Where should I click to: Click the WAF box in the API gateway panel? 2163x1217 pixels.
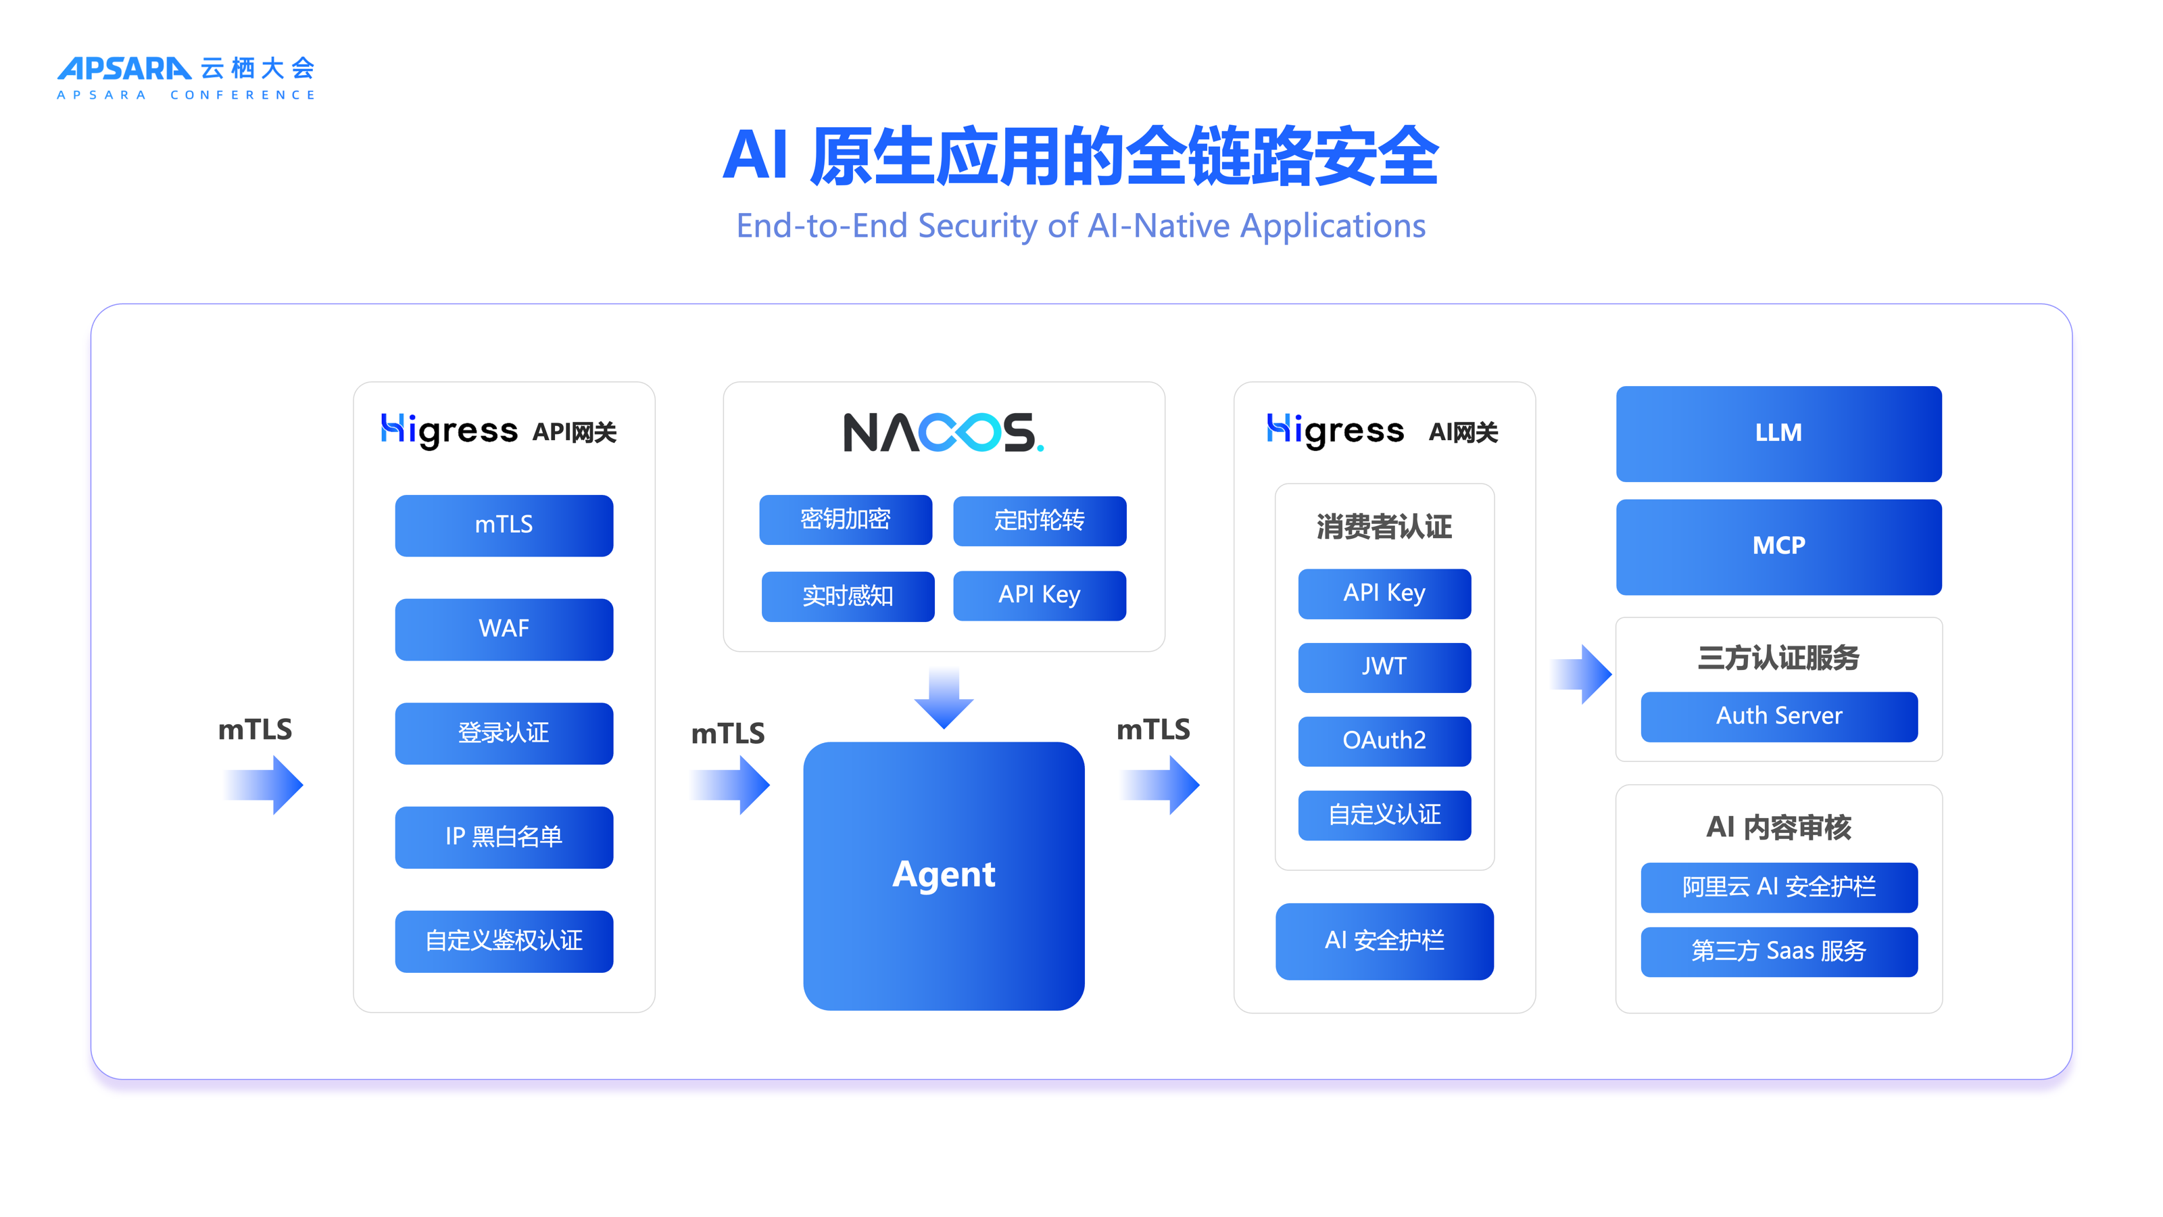coord(504,629)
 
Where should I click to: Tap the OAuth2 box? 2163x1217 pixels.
coord(1384,741)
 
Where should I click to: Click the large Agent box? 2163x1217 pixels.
coord(943,875)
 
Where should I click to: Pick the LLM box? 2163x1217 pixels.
coord(1778,433)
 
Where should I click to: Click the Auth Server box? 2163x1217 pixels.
coord(1778,717)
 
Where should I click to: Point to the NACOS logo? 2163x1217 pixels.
coord(943,433)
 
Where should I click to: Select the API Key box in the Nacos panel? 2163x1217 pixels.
coord(1039,596)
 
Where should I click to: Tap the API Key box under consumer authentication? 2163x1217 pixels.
coord(1384,594)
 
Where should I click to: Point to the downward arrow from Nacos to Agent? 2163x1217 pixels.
coord(944,697)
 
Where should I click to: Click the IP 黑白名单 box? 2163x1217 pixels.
coord(504,838)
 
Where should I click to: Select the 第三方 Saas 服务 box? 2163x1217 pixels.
coord(1778,951)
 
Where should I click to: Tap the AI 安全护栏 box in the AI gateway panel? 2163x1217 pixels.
coord(1384,940)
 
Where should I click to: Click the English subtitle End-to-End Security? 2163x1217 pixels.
coord(1081,226)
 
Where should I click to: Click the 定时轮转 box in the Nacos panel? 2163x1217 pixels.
coord(1039,521)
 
